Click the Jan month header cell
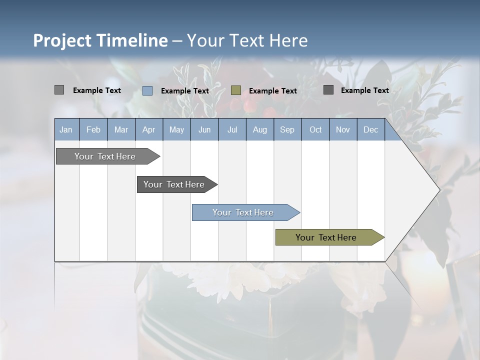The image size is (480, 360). tap(66, 129)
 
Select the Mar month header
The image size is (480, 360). tap(121, 129)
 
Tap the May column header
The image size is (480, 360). tap(176, 129)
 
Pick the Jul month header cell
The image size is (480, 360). tap(232, 129)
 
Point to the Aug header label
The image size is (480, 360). tap(259, 129)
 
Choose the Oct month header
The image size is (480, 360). tap(315, 129)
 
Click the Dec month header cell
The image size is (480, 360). tap(370, 129)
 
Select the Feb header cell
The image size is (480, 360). tap(93, 129)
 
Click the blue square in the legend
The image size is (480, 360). tap(147, 90)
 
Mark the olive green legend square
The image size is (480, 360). tap(236, 90)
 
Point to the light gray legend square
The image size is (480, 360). tap(59, 90)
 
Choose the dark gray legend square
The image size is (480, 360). tap(328, 90)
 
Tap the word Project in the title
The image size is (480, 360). tap(62, 40)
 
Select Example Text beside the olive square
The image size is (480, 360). tap(272, 91)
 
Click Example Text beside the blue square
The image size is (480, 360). tap(184, 91)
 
